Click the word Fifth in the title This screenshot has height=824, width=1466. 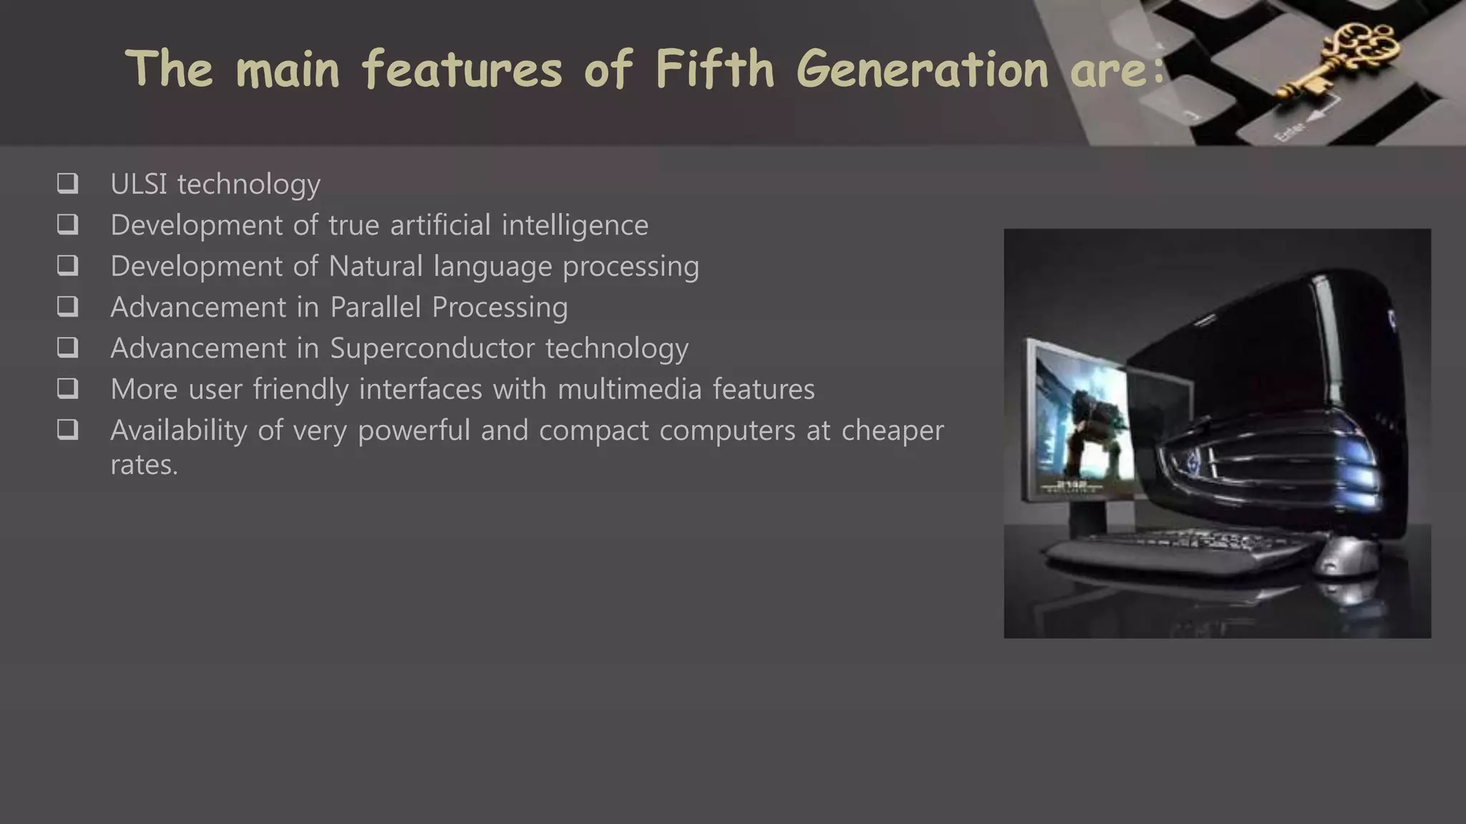pyautogui.click(x=714, y=69)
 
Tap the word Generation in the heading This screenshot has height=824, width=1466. pyautogui.click(x=922, y=69)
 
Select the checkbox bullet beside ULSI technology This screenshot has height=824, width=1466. pyautogui.click(x=67, y=183)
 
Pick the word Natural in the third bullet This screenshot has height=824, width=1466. pyautogui.click(x=376, y=266)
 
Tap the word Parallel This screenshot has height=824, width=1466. pyautogui.click(x=375, y=307)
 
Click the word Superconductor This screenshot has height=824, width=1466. pyautogui.click(x=432, y=348)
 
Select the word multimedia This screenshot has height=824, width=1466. pyautogui.click(x=629, y=389)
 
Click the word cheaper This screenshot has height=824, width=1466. pyautogui.click(x=892, y=431)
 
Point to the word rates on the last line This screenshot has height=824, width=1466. pyautogui.click(x=143, y=465)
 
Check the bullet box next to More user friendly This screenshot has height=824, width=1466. pyautogui.click(x=67, y=388)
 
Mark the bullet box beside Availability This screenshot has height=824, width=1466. pyautogui.click(x=67, y=429)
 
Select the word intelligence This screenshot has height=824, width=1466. pyautogui.click(x=575, y=225)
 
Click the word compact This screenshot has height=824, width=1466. pyautogui.click(x=593, y=431)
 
